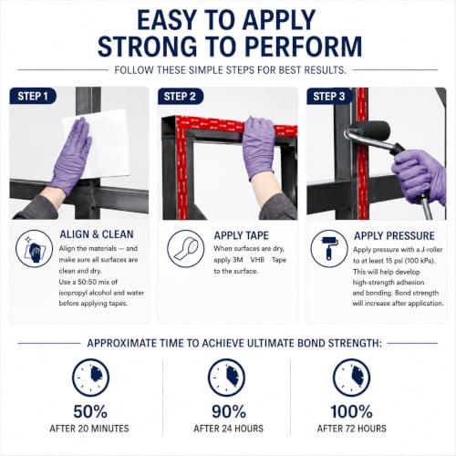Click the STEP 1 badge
click(33, 96)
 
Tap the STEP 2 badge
click(180, 96)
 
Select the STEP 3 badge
click(329, 96)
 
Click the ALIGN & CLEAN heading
click(97, 234)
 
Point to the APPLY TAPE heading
click(241, 235)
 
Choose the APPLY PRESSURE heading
click(394, 236)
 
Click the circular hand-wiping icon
click(34, 248)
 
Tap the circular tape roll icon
click(185, 249)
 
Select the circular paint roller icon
click(329, 249)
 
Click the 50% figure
click(90, 411)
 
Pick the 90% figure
click(229, 411)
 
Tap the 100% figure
click(351, 411)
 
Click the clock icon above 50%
click(90, 378)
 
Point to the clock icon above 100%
click(352, 378)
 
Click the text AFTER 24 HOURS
click(229, 429)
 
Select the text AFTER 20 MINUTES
click(89, 429)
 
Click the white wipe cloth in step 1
click(98, 143)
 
